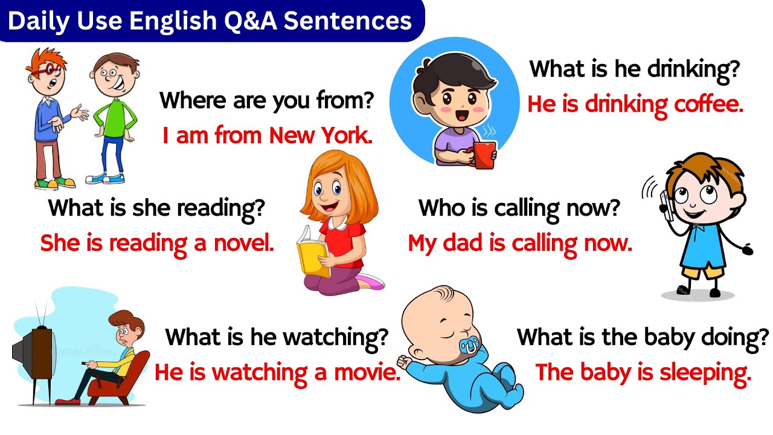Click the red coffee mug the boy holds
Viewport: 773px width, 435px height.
tap(484, 155)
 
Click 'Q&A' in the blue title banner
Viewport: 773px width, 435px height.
tap(249, 21)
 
